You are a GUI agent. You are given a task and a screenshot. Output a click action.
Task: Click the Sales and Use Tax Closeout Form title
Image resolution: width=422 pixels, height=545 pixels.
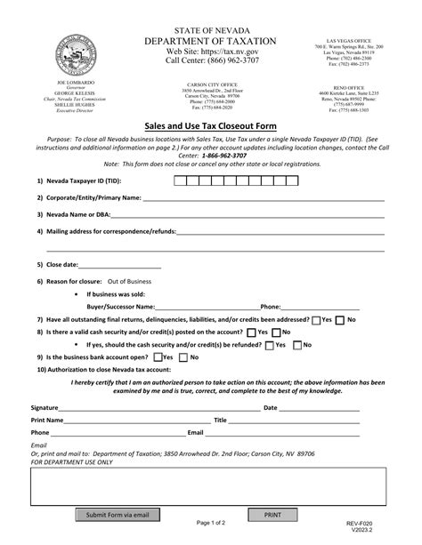[210, 125]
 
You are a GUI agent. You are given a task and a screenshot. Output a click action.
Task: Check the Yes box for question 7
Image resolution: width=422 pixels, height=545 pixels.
[316, 319]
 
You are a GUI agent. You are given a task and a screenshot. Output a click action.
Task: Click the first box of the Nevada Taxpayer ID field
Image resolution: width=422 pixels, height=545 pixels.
[179, 180]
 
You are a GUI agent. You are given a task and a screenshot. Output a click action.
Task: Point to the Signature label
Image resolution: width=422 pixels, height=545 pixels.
[45, 407]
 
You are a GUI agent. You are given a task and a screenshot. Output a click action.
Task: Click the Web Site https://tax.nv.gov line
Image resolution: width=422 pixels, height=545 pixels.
[210, 52]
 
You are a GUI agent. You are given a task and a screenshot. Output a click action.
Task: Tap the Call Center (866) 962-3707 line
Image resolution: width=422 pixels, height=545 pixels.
[210, 62]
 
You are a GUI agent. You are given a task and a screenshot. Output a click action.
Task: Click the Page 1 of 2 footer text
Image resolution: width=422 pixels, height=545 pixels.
[210, 524]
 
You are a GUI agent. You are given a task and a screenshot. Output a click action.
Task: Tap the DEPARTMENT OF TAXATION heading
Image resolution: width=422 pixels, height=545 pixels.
[210, 41]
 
